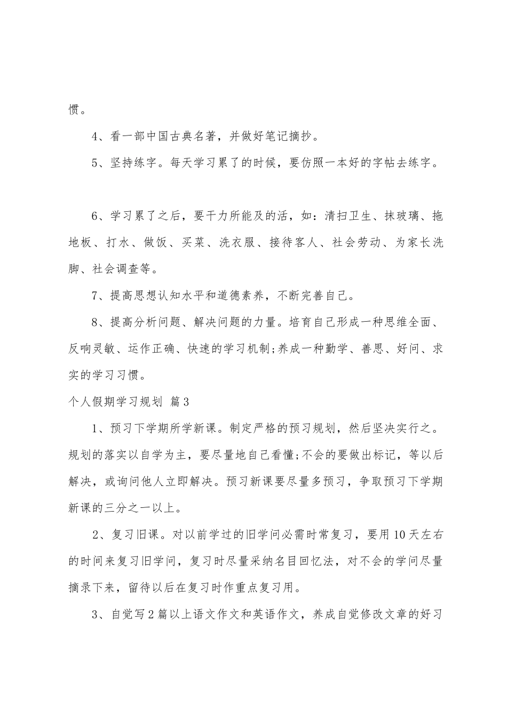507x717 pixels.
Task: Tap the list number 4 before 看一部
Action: pos(95,137)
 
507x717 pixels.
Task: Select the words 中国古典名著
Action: pos(177,137)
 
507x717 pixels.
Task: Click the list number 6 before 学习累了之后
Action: pos(95,216)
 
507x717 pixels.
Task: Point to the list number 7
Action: pos(95,296)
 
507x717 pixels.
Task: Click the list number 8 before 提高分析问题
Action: pos(95,322)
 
